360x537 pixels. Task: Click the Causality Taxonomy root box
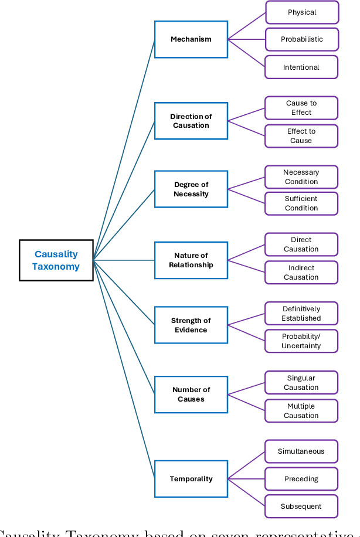56,260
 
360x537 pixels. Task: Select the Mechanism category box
191,39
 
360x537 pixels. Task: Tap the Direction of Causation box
191,121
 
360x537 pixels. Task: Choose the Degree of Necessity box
191,189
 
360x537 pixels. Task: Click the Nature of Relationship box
191,260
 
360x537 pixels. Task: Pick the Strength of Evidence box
191,325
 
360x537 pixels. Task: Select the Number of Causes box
191,394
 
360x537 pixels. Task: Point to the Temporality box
191,479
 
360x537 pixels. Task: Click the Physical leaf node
301,12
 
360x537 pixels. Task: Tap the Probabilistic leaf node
301,39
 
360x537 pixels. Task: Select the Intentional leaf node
301,67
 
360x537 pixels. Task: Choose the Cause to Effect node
301,108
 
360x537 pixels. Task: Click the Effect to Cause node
301,136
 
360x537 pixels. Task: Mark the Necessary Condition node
301,177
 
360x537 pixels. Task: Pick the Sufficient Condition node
301,203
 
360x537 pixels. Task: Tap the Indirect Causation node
301,273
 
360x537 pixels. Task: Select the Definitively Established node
301,314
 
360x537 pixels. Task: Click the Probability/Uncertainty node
301,341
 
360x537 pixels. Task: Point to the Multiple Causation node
301,411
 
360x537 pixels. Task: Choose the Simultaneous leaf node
301,451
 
